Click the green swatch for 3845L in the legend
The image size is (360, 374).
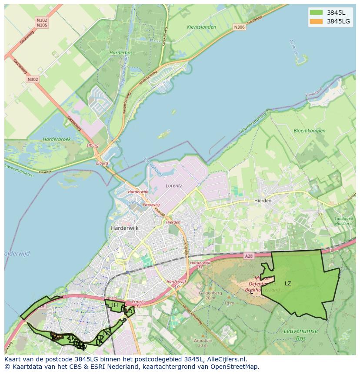point(316,13)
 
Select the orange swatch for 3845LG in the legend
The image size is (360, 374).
point(316,21)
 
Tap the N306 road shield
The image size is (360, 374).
point(239,27)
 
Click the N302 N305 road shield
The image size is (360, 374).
point(42,23)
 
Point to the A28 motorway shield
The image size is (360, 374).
point(248,257)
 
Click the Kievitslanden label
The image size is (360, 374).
point(201,26)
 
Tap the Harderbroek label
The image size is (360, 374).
point(57,139)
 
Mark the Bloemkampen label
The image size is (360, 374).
point(309,130)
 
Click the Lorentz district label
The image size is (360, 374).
point(173,185)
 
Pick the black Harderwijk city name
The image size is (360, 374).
point(124,228)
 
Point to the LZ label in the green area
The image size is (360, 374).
point(288,284)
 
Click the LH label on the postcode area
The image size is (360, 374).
point(114,305)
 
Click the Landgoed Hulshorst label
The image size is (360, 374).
point(343,221)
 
